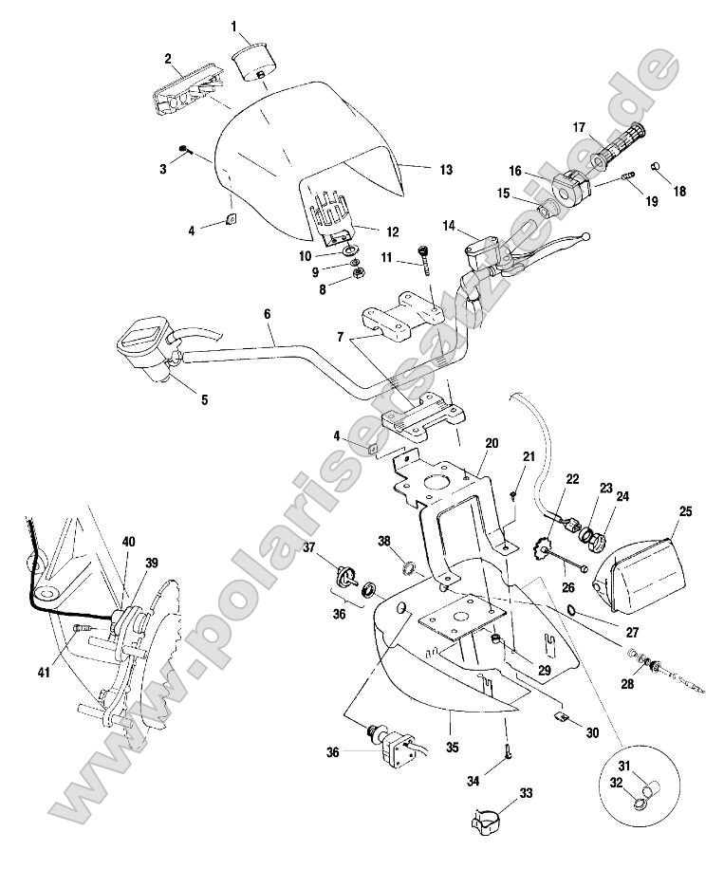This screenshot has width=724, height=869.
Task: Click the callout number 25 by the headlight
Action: point(685,511)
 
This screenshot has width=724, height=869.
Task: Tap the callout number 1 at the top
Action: point(234,26)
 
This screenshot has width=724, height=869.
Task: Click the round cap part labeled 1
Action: point(253,61)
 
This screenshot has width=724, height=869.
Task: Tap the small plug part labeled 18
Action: point(655,168)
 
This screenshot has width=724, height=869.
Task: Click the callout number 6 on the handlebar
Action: point(267,312)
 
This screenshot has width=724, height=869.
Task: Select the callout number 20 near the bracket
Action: point(491,443)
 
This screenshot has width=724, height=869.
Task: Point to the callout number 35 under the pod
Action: point(452,748)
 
